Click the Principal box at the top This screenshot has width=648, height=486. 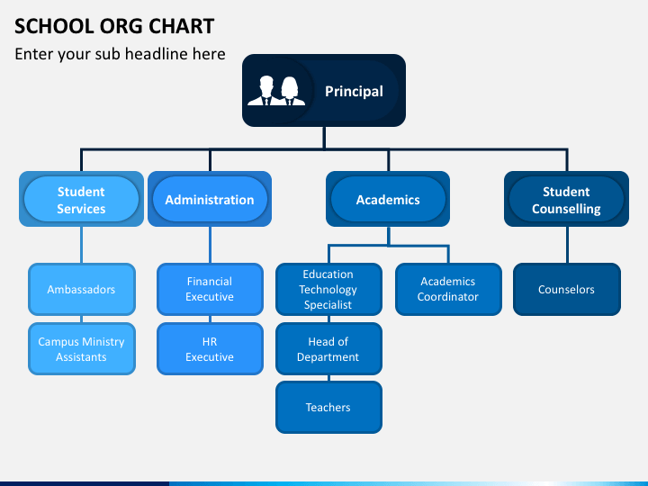(x=324, y=91)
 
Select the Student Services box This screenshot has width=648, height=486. (x=81, y=199)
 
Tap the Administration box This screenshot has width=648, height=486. (x=210, y=199)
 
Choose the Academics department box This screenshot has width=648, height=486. (x=388, y=199)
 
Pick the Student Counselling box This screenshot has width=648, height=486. (x=566, y=199)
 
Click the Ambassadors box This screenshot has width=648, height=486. (x=82, y=289)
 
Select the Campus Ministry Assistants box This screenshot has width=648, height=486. (x=82, y=349)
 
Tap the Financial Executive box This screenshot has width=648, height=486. (x=210, y=289)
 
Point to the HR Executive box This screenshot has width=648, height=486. (x=210, y=349)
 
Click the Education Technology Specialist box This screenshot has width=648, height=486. (x=328, y=289)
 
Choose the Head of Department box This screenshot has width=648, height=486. (x=328, y=349)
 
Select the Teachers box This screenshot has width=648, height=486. (x=328, y=408)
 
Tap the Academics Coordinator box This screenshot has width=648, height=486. (x=448, y=289)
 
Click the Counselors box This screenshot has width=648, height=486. (x=567, y=289)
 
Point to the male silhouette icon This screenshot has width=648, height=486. (x=265, y=91)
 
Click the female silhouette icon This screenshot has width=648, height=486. (x=291, y=92)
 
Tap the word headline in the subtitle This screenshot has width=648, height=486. (x=175, y=54)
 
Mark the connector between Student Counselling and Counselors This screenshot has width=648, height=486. (x=567, y=245)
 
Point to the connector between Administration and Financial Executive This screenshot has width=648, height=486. (x=210, y=245)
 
